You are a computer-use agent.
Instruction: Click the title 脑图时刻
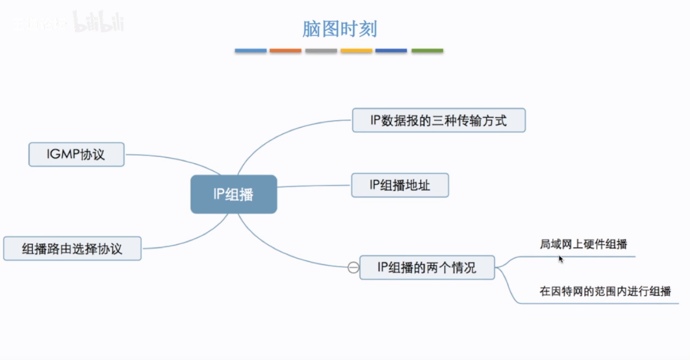pos(339,29)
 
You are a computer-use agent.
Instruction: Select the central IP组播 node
pos(234,194)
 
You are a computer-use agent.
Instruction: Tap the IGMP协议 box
pos(76,155)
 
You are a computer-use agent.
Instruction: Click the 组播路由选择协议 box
pos(72,248)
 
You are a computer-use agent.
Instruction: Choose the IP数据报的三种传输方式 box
pos(439,120)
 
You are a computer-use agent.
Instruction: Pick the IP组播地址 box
pos(400,185)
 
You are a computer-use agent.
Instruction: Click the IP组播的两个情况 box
pos(427,267)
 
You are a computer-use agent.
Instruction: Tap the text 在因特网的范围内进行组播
pos(605,291)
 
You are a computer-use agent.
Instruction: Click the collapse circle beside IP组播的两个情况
pos(353,267)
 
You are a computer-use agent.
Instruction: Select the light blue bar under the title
pos(251,50)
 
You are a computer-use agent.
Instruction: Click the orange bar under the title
pos(286,50)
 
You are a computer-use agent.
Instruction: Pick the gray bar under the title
pos(321,50)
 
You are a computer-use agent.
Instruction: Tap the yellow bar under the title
pos(357,50)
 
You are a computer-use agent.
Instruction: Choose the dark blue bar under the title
pos(392,50)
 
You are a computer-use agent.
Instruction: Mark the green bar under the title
pos(427,50)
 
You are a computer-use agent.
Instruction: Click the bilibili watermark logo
pos(97,23)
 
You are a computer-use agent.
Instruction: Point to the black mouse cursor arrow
pos(561,259)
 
